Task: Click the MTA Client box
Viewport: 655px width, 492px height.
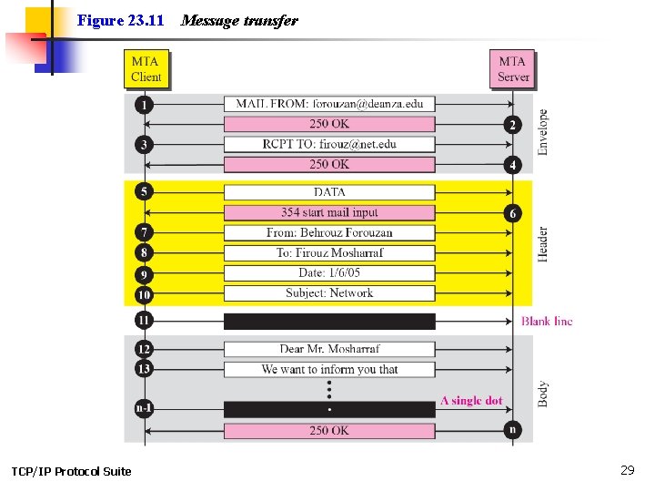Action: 146,69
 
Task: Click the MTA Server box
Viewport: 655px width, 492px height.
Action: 512,69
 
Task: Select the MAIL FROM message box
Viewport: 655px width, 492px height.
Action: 329,104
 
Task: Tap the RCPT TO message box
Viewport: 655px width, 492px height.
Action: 329,144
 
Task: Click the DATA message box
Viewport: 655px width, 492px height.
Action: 329,192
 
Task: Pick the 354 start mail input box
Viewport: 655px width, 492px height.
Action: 329,212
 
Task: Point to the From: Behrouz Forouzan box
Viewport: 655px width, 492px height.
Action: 329,232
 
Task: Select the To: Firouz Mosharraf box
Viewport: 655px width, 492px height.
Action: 329,252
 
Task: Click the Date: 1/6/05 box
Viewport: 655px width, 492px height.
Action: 329,273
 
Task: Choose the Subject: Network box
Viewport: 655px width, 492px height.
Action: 329,293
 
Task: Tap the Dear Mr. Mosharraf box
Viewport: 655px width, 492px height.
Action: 329,349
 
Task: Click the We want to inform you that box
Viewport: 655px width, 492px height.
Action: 329,369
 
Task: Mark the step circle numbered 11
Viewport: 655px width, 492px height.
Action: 144,321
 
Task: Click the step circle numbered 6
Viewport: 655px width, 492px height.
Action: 513,212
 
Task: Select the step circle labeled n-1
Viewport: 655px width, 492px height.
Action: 144,409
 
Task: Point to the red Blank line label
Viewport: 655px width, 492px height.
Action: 547,321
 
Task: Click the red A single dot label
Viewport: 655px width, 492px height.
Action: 471,401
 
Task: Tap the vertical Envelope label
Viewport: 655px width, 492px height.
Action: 543,132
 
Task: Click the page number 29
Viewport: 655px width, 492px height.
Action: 627,470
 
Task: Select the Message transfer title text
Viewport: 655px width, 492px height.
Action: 239,21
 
